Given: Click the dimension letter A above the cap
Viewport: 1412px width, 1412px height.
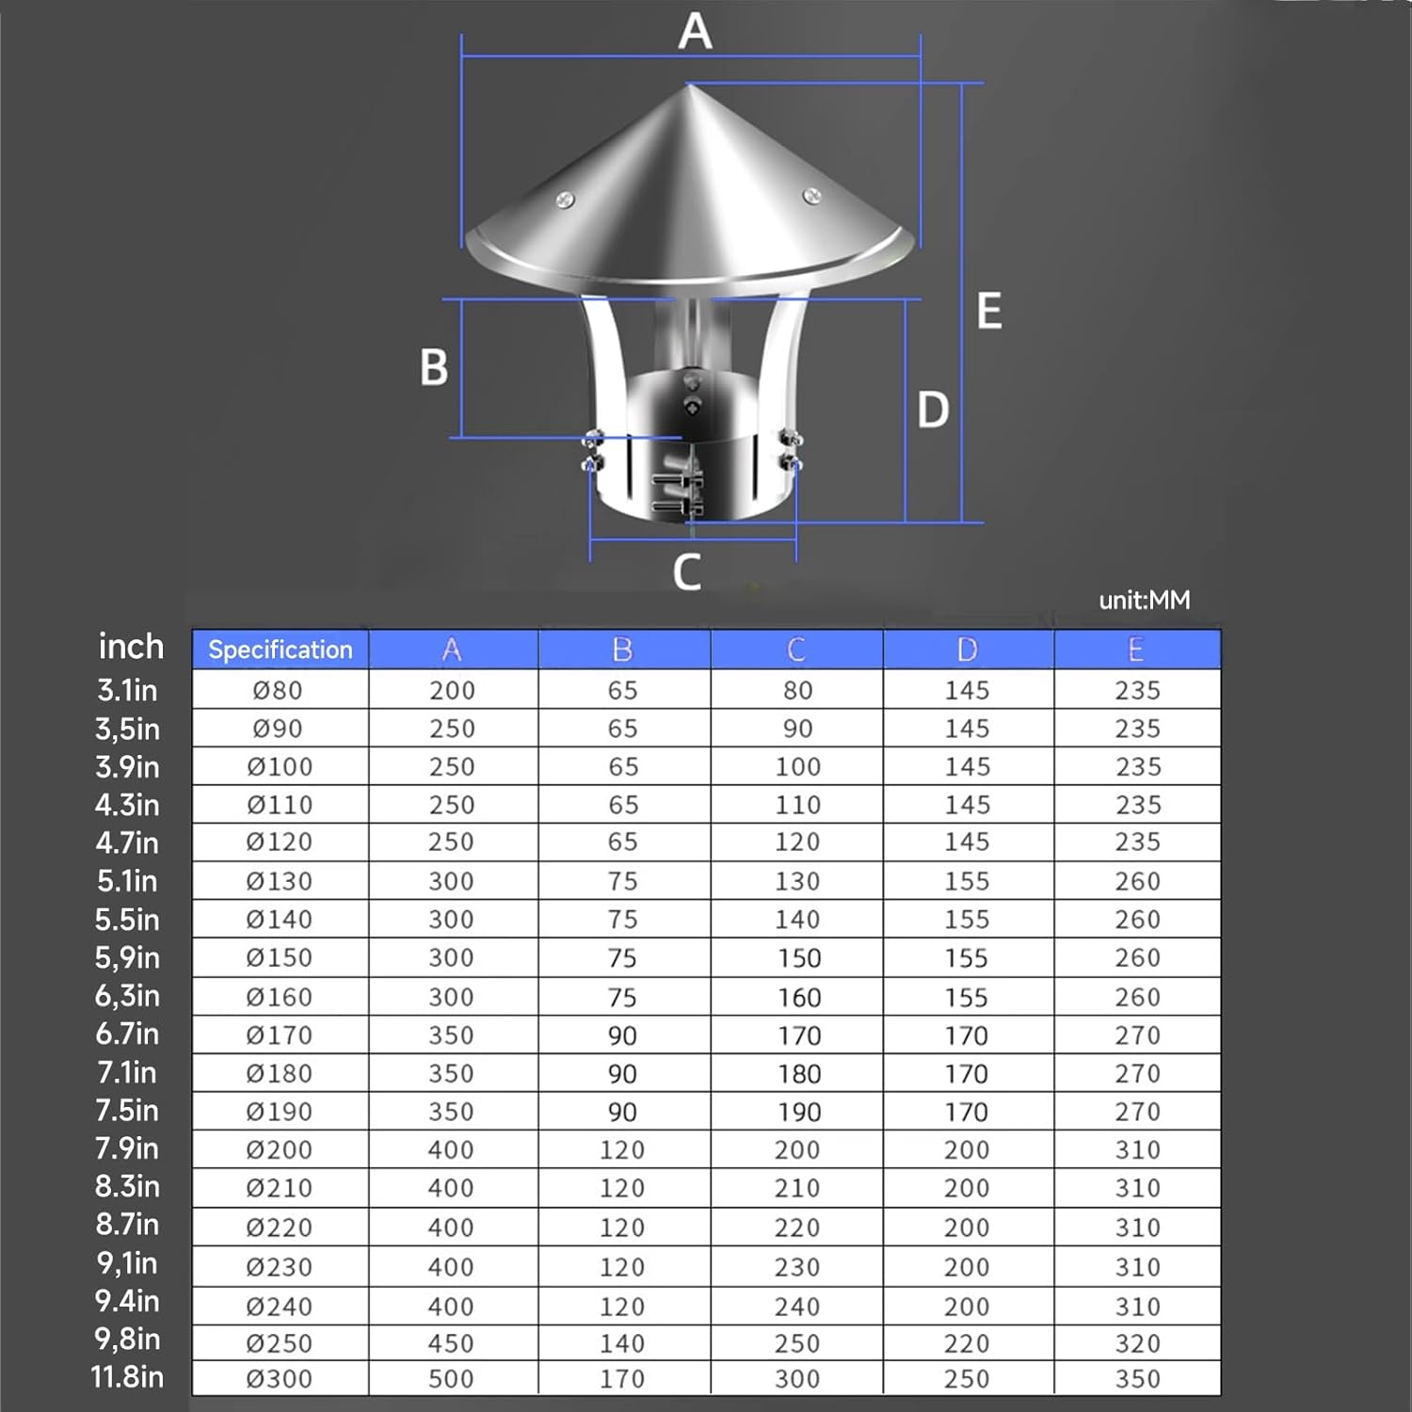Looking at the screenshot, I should (695, 31).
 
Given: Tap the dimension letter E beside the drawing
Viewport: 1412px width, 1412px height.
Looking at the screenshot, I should (988, 312).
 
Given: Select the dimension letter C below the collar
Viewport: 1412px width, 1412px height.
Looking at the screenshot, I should (687, 571).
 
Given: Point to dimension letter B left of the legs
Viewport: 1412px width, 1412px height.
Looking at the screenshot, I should (434, 367).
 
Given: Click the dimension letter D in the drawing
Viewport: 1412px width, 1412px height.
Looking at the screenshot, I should (933, 410).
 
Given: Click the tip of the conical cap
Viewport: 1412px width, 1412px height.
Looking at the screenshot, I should (688, 86).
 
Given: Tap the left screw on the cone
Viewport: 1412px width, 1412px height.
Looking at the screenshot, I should (565, 199).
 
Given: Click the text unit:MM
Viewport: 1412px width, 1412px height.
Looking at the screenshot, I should (1144, 600).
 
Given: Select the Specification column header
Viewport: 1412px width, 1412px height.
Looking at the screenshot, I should (281, 650).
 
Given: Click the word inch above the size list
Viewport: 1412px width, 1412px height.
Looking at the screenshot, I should (131, 647).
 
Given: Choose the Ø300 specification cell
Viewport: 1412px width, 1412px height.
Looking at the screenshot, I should (279, 1378).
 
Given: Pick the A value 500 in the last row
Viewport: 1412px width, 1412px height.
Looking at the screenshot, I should (451, 1378).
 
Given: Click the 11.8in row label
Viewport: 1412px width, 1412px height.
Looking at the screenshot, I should (127, 1377).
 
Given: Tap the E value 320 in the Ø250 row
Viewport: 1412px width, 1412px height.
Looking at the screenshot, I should (1137, 1343).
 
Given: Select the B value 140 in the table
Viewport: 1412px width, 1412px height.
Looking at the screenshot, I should (622, 1343).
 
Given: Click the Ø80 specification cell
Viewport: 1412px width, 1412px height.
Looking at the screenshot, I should (278, 690).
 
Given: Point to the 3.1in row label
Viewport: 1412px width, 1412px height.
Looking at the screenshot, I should (127, 690).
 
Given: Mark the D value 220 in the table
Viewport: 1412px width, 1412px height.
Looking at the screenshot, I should (967, 1343).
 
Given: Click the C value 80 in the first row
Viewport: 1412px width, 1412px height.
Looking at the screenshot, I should (797, 690).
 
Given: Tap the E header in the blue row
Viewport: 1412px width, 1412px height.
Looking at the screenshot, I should (1135, 650).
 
